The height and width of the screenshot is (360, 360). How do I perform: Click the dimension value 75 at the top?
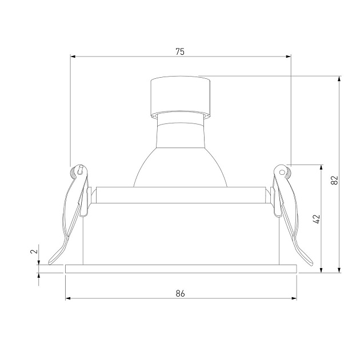tap(179, 51)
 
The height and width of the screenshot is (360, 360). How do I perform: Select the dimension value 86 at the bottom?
tap(180, 293)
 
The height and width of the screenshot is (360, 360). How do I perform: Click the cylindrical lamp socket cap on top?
tap(180, 94)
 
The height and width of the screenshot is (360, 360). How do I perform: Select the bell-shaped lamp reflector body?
tap(180, 160)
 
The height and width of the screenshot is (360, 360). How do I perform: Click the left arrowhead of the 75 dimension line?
tap(73, 56)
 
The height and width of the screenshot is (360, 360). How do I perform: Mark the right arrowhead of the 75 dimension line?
tap(289, 56)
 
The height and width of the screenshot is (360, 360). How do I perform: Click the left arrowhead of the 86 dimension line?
tap(68, 298)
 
